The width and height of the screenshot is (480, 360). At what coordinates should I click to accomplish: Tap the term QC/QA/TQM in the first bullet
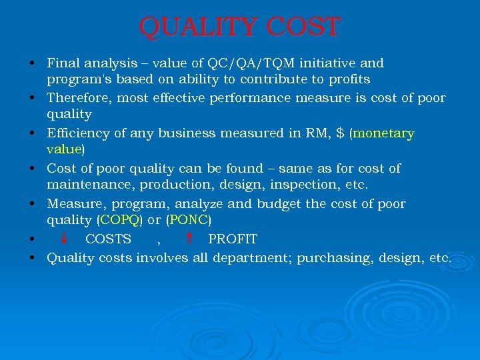coord(262,63)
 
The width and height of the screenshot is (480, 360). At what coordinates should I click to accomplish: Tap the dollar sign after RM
coord(341,133)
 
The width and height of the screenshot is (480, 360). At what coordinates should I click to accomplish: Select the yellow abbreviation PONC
coord(189,220)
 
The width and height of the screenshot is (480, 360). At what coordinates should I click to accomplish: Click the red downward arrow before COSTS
coord(64,238)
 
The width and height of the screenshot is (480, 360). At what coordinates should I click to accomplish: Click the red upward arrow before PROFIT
coord(189,238)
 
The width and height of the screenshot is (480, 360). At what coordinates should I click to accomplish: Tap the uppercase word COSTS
coord(108,239)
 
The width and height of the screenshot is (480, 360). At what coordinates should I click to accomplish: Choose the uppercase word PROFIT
coord(233,239)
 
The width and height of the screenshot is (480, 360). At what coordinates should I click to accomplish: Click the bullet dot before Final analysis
coord(32,64)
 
